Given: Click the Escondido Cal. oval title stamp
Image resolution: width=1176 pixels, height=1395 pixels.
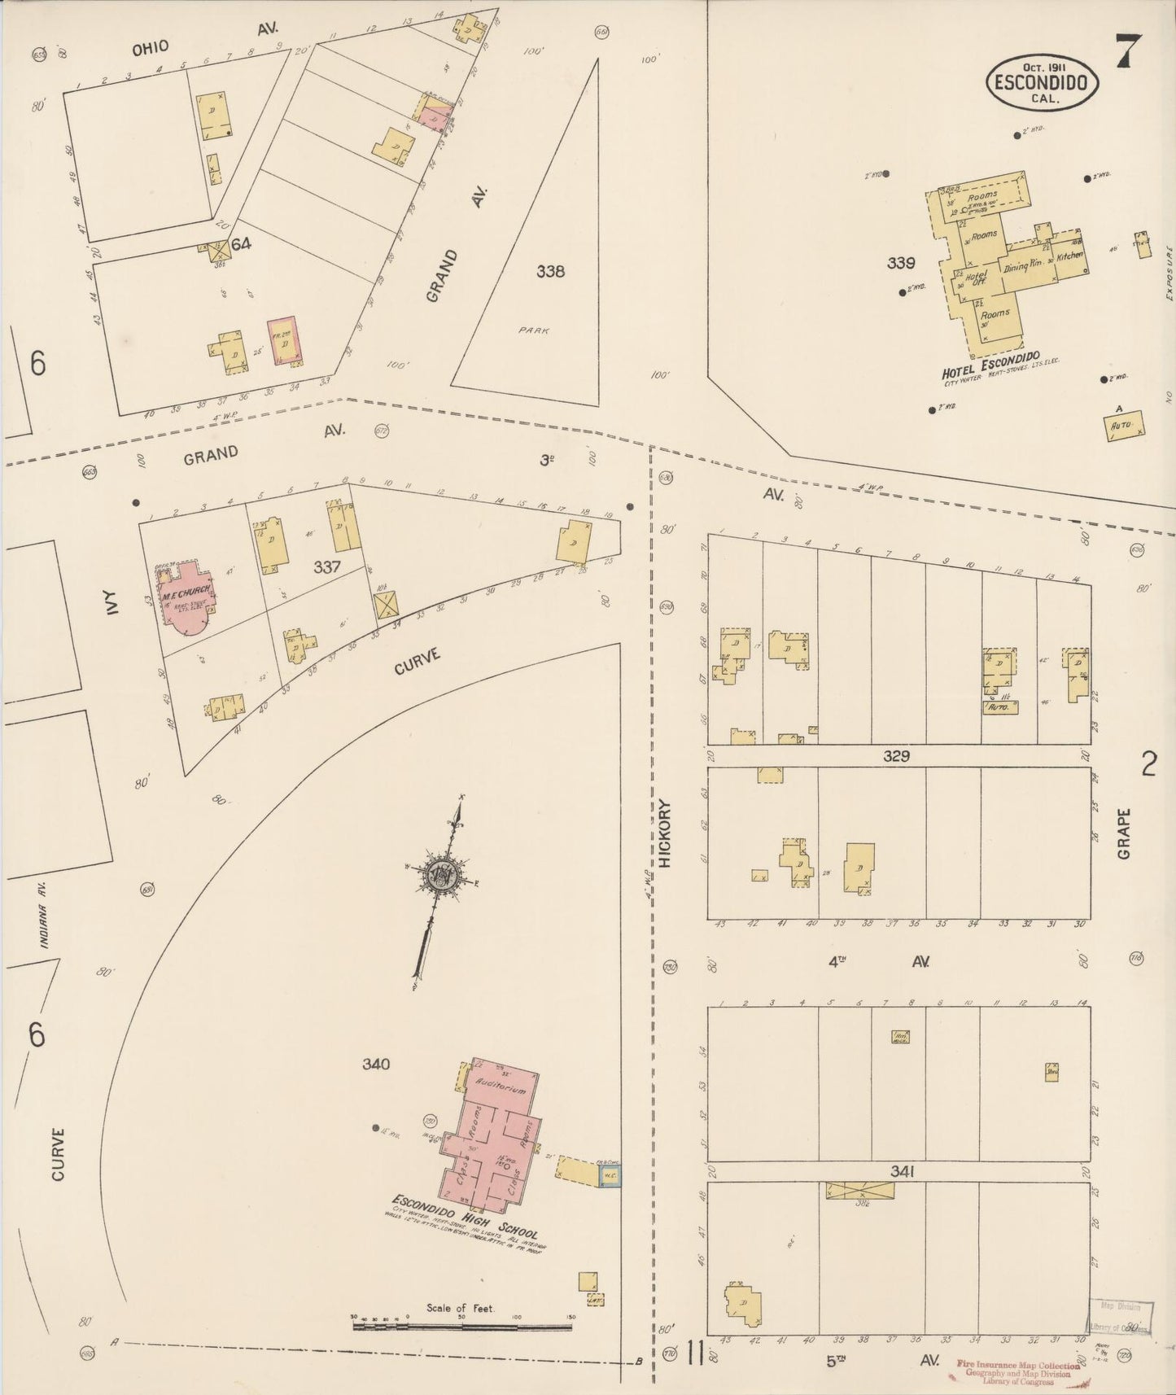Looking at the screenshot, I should coord(1043,82).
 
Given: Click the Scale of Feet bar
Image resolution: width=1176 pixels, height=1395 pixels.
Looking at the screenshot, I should coord(461,1326).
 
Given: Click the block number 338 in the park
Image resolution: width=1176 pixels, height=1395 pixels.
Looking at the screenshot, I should coord(550,271).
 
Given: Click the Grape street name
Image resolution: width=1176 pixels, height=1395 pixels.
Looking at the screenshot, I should coord(1124,833).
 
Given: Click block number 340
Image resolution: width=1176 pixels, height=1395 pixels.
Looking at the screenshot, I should coord(376,1064).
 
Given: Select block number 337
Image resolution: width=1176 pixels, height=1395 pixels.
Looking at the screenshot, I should coord(326,566).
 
